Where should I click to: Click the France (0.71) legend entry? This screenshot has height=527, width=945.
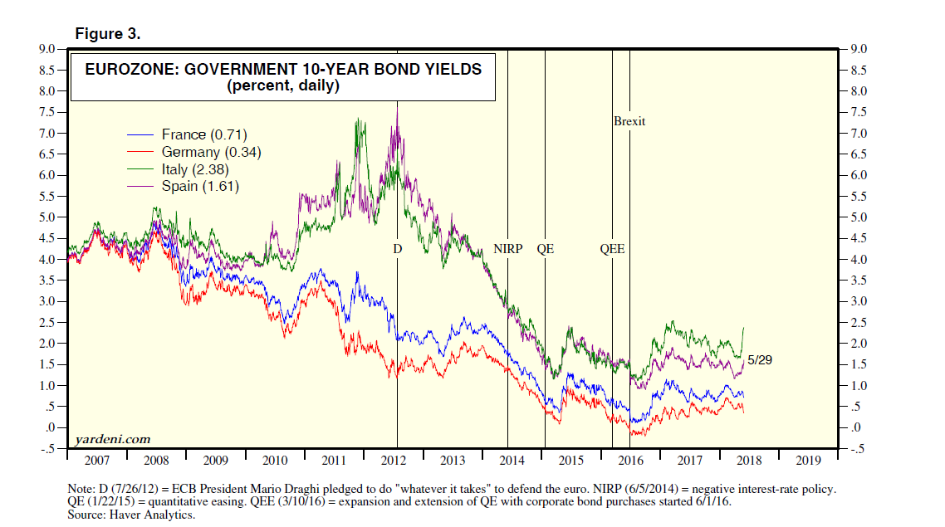(x=204, y=134)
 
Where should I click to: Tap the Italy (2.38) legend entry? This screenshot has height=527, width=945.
(x=198, y=169)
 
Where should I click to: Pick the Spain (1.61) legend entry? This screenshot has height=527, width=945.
(x=202, y=187)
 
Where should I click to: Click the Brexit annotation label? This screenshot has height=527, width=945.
(x=629, y=121)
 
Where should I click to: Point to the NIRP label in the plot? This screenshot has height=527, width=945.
(x=507, y=248)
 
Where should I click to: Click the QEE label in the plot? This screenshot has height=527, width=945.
(x=612, y=248)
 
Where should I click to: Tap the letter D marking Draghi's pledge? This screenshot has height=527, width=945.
(x=397, y=248)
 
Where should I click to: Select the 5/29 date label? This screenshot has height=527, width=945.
(x=761, y=361)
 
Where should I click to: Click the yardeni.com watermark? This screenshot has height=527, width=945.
(x=112, y=438)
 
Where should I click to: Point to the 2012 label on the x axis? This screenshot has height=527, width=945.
(x=394, y=460)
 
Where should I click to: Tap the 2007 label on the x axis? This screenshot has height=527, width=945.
(x=97, y=460)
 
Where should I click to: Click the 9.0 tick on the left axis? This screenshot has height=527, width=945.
(x=47, y=49)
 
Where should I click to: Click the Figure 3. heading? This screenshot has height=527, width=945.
(x=108, y=34)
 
